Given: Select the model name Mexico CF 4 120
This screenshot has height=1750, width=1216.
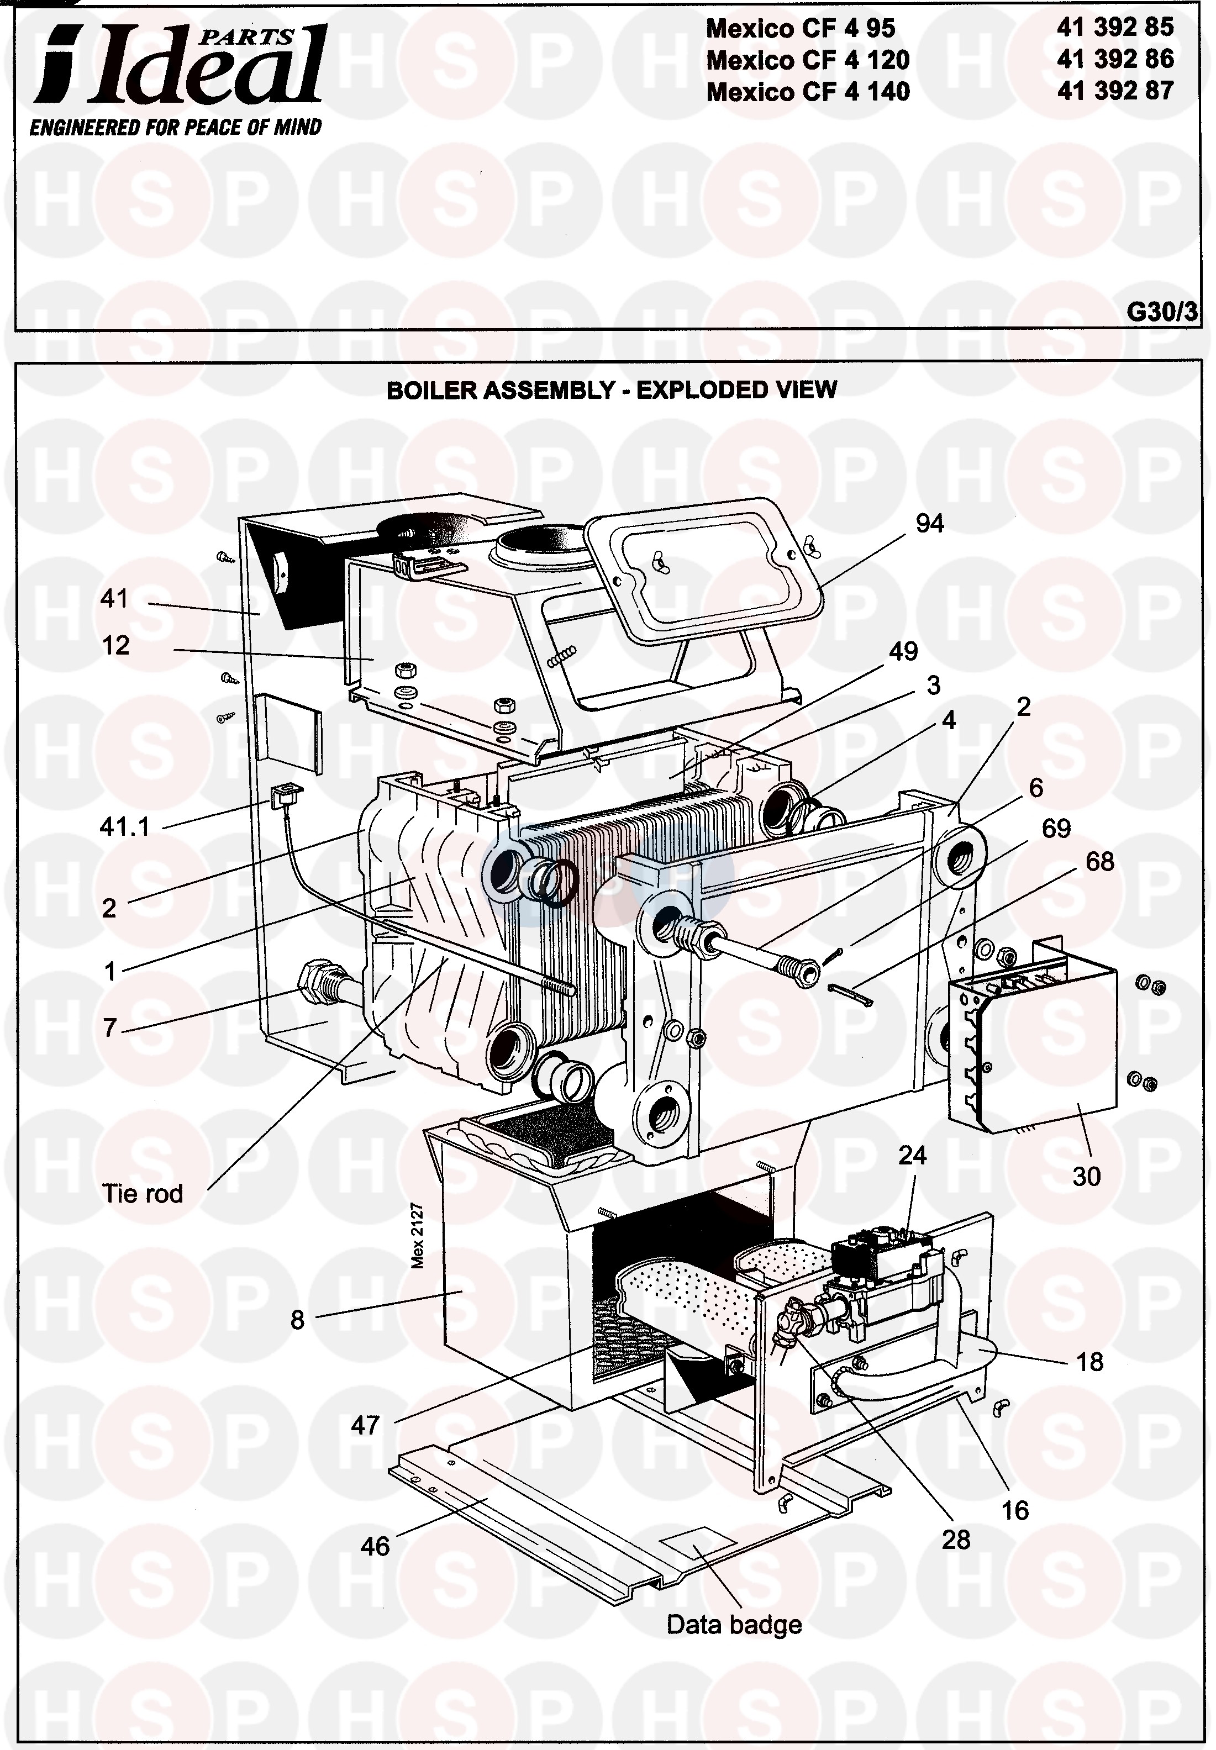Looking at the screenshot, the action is click(x=808, y=60).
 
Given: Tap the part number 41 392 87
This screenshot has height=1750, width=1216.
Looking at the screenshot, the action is click(x=1115, y=91).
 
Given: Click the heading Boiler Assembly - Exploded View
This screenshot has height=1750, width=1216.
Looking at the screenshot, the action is click(x=612, y=390).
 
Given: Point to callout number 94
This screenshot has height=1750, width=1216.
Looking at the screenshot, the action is click(x=929, y=524).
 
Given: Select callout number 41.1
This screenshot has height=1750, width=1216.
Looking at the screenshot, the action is click(x=125, y=826).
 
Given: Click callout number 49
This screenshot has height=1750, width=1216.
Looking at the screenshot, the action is click(x=904, y=651).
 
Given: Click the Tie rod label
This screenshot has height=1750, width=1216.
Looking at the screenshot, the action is click(x=143, y=1193).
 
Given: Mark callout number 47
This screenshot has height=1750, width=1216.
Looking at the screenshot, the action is click(x=365, y=1425).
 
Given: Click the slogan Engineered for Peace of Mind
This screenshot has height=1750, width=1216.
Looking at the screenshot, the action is click(x=176, y=126).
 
